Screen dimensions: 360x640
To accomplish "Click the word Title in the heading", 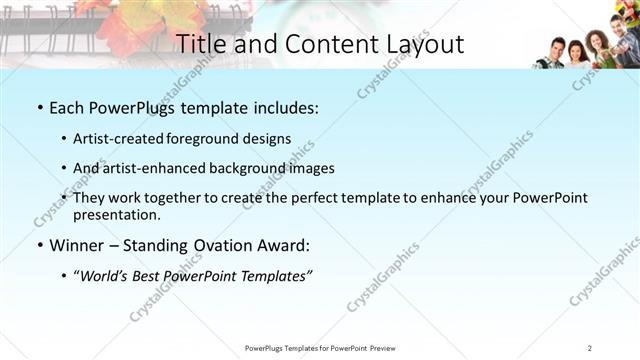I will (x=197, y=44).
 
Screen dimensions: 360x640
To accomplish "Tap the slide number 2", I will (x=591, y=348).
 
